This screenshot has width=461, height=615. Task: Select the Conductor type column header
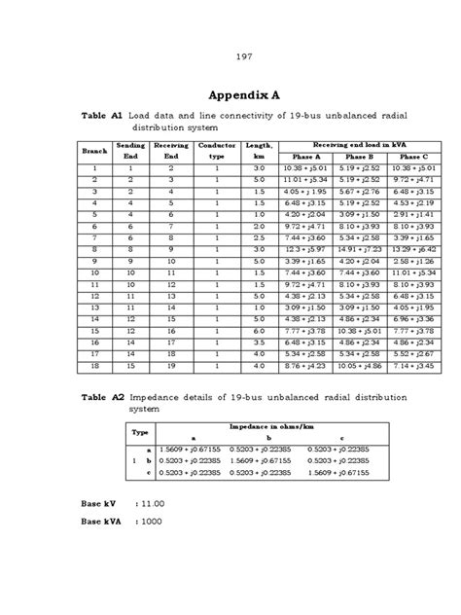(x=216, y=151)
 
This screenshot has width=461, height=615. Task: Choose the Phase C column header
(x=412, y=157)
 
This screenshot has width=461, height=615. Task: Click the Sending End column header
(x=130, y=151)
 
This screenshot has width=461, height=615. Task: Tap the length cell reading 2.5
(x=259, y=237)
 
